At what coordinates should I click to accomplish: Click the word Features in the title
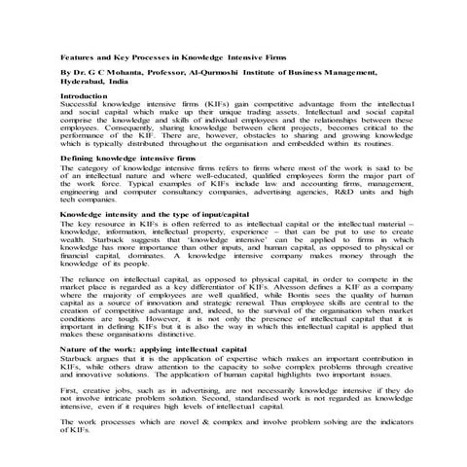(x=76, y=58)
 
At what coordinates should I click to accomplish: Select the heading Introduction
(x=85, y=96)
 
